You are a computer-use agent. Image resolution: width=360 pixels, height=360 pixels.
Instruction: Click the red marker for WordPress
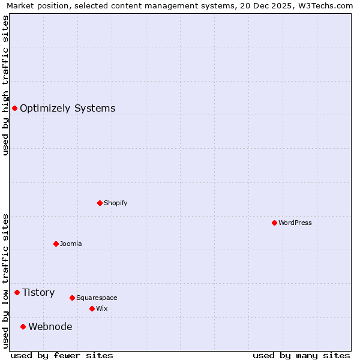pyautogui.click(x=274, y=223)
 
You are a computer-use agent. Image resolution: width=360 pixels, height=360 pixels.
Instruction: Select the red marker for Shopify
pyautogui.click(x=100, y=203)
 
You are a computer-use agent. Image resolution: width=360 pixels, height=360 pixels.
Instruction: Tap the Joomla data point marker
pyautogui.click(x=56, y=244)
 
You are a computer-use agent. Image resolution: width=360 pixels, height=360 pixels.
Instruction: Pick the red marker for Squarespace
pyautogui.click(x=72, y=298)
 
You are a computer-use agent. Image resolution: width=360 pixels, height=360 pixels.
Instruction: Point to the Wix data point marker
pyautogui.click(x=92, y=308)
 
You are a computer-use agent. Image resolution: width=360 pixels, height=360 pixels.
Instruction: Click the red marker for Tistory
pyautogui.click(x=17, y=292)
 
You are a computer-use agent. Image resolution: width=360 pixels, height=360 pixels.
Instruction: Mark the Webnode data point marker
pyautogui.click(x=23, y=326)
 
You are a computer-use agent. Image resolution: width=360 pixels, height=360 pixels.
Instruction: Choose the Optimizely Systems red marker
pyautogui.click(x=14, y=108)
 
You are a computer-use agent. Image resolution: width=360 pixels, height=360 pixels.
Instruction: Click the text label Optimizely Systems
pyautogui.click(x=67, y=109)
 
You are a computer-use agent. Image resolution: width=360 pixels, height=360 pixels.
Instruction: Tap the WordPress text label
pyautogui.click(x=295, y=223)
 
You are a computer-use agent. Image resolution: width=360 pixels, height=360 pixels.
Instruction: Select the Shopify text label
pyautogui.click(x=116, y=203)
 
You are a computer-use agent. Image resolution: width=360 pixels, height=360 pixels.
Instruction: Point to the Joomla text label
pyautogui.click(x=71, y=244)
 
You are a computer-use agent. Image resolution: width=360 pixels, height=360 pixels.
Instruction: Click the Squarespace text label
pyautogui.click(x=97, y=298)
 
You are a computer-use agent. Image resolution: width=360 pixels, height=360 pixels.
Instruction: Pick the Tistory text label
pyautogui.click(x=38, y=293)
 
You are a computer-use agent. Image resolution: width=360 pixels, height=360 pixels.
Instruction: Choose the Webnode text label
pyautogui.click(x=50, y=327)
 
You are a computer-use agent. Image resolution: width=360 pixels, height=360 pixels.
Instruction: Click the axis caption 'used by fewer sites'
pyautogui.click(x=62, y=356)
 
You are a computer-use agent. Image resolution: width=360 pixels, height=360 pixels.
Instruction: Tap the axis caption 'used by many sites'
pyautogui.click(x=301, y=356)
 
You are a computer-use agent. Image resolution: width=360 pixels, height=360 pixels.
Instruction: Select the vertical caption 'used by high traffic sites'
pyautogui.click(x=5, y=85)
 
